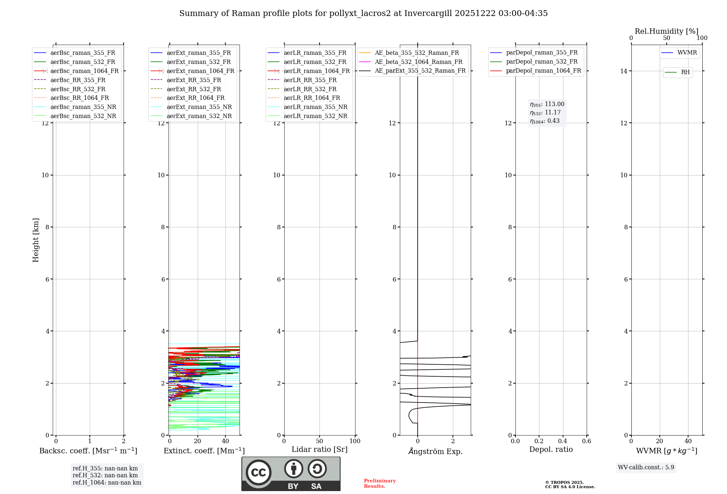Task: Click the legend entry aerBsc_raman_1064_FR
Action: pos(84,71)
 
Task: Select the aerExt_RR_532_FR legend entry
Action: pos(194,89)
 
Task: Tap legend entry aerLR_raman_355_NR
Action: pos(315,107)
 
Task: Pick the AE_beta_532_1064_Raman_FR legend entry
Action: pos(418,62)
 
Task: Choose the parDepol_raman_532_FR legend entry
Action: pos(542,62)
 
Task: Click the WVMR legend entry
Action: pos(687,53)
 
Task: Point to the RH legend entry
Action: pos(685,72)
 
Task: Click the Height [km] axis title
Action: pos(36,240)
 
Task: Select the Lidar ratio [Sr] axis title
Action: pos(320,449)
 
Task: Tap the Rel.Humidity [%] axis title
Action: pos(666,31)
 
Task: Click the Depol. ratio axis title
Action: pos(551,449)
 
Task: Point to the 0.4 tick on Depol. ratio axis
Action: pos(563,441)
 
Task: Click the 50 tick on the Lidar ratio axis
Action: pos(320,441)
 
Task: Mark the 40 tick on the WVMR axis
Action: pos(688,441)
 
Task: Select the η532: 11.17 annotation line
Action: pos(545,113)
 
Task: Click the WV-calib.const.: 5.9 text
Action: pos(646,467)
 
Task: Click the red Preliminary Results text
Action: pos(379,483)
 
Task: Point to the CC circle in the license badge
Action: pos(258,473)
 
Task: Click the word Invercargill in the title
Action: pos(428,13)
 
